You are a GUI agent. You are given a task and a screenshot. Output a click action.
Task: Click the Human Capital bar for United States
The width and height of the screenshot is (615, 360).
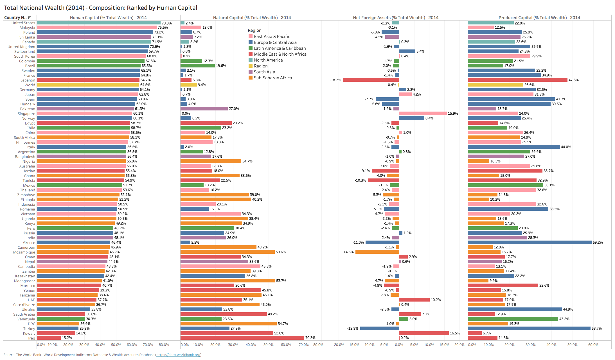[x=98, y=23]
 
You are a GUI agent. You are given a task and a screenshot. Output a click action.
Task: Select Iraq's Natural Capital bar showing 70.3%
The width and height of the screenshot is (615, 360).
[x=242, y=338]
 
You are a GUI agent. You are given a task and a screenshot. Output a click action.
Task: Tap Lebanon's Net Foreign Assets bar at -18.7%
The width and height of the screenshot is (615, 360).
[x=371, y=80]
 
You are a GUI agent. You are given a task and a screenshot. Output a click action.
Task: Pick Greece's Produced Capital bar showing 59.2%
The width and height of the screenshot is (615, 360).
[x=530, y=243]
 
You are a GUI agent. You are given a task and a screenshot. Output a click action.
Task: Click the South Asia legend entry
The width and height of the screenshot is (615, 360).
[x=264, y=72]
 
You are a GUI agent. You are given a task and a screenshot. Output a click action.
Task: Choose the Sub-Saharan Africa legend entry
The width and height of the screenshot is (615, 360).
[x=272, y=78]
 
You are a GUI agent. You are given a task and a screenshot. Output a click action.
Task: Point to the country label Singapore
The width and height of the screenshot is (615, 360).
[x=26, y=114]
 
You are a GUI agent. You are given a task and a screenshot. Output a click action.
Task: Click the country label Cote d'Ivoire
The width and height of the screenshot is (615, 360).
[x=24, y=305]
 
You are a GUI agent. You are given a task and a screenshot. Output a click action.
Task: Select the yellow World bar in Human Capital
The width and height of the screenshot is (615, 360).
[x=88, y=85]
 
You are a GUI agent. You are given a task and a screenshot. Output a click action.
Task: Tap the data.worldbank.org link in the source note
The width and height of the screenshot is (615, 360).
[x=178, y=355]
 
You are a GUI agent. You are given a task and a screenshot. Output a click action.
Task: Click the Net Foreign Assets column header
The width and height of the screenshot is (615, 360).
[x=395, y=17]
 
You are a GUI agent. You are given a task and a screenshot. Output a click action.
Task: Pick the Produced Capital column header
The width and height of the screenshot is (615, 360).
[x=539, y=17]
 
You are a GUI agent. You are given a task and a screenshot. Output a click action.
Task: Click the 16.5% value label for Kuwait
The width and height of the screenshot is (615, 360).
[x=455, y=333]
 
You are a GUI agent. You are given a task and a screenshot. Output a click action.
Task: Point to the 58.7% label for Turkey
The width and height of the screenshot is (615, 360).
[x=596, y=329]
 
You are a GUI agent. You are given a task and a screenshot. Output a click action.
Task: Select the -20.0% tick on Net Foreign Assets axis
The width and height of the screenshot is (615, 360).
[x=338, y=345]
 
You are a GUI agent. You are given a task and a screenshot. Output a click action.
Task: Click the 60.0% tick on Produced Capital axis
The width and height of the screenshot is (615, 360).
[x=593, y=345]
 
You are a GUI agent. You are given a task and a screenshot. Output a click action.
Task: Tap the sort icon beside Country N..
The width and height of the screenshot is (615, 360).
[x=29, y=17]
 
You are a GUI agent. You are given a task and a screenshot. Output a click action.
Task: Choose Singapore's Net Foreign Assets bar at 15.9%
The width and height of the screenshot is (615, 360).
[x=423, y=114]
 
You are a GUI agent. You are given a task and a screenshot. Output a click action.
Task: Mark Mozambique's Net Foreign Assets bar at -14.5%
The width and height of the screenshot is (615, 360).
[x=377, y=252]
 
